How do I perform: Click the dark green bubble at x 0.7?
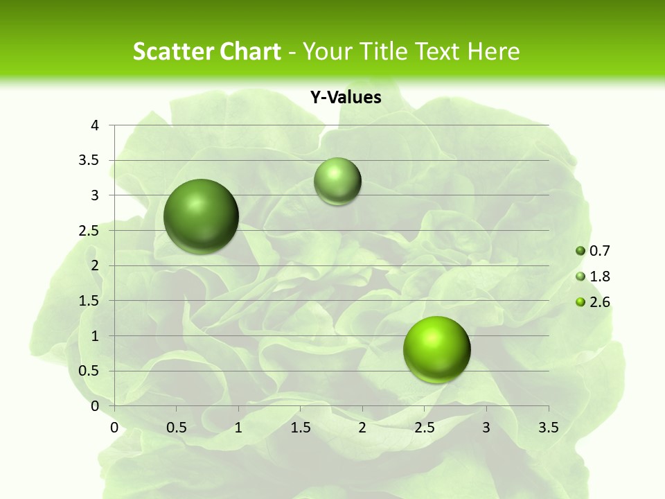[x=202, y=216]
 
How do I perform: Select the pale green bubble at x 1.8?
[x=337, y=182]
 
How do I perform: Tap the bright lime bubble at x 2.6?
[x=436, y=349]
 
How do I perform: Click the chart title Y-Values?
[x=346, y=98]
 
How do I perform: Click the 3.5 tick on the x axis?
[x=548, y=428]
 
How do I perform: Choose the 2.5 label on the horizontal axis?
[x=424, y=428]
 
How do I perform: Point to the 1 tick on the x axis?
[x=238, y=428]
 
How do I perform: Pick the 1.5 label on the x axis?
[x=300, y=428]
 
